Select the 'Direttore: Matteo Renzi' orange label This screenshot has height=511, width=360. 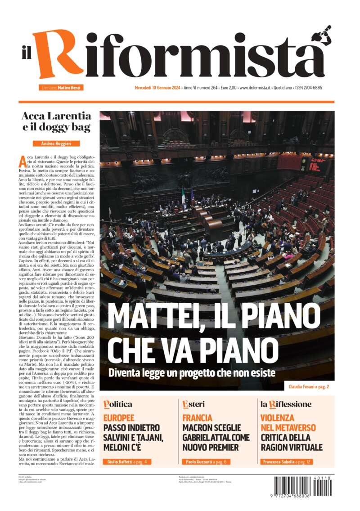coord(61,88)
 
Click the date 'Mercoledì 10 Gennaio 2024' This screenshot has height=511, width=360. coord(151,88)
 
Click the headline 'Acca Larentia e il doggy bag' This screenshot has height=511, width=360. coord(56,121)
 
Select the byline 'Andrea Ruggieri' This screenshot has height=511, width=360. coord(56,143)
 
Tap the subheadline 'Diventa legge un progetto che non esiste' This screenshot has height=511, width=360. coord(191,372)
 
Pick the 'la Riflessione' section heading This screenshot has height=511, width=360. coord(286,404)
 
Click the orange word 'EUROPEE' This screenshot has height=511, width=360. coord(119,418)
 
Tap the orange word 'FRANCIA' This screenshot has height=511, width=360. coord(197,418)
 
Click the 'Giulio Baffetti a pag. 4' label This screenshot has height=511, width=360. coord(127,462)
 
